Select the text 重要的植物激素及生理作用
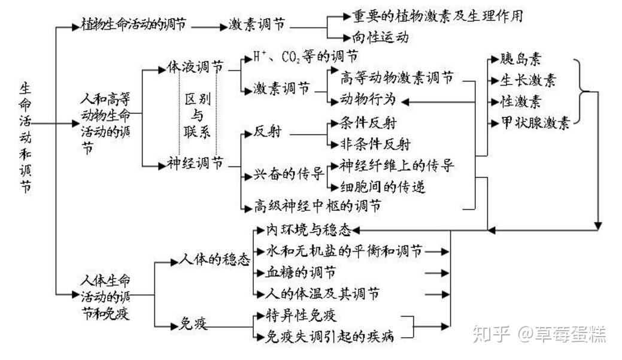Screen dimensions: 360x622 pos(437,16)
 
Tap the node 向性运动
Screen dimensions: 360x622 pos(381,37)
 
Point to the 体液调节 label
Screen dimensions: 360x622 pos(195,67)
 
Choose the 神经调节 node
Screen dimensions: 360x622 pos(195,163)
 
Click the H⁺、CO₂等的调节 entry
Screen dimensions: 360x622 pos(305,57)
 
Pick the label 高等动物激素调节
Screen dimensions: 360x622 pos(397,78)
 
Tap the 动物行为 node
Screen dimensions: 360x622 pos(368,99)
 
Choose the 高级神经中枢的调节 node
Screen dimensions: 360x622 pos(317,207)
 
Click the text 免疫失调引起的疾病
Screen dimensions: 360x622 pos(330,337)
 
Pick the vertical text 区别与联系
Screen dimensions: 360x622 pos(198,115)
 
